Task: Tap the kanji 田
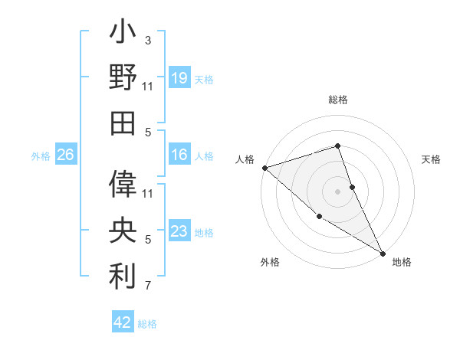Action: pos(123,123)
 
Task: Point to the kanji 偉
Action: pos(123,185)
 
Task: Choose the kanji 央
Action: pos(123,230)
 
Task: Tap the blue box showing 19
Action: pos(179,78)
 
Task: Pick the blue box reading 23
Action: pos(179,231)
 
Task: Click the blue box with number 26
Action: pos(65,155)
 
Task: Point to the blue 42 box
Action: pos(123,322)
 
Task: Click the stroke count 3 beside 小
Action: pos(148,40)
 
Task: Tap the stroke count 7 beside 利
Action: pos(148,286)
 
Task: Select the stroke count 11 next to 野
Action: pos(148,87)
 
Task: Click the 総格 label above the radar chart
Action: pos(338,100)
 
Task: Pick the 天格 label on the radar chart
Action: pos(432,159)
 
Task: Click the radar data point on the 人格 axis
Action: pos(264,167)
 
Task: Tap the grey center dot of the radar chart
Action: pos(338,191)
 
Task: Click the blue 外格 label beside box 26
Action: pos(41,156)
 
